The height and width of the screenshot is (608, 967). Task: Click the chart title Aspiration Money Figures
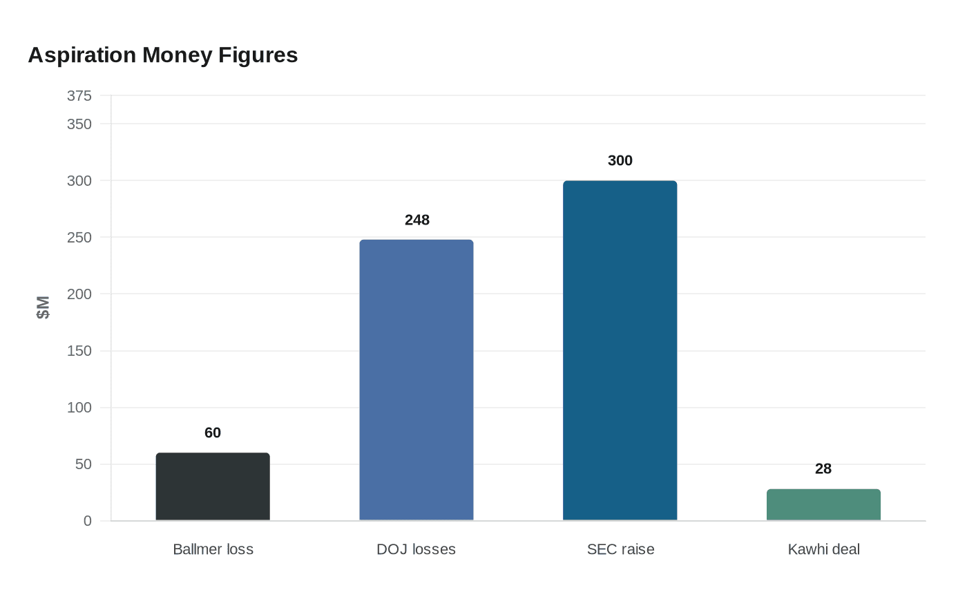click(163, 55)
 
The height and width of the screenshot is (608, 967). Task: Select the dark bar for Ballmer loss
click(213, 486)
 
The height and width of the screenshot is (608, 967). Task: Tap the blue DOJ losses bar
click(417, 380)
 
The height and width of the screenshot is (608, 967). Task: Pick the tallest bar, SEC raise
click(620, 350)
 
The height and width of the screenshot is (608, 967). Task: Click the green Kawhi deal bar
click(823, 505)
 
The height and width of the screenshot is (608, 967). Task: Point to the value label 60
click(213, 433)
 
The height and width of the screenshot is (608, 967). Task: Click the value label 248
click(417, 220)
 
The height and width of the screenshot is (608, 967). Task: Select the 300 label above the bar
click(620, 160)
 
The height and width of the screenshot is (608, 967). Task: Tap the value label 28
click(823, 468)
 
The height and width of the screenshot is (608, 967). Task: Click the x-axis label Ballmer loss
click(213, 549)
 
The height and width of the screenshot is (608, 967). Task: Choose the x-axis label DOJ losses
click(417, 549)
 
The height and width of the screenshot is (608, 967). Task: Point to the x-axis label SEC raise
click(620, 549)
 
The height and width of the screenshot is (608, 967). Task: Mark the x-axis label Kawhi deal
click(823, 549)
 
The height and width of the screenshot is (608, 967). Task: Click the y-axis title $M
click(43, 307)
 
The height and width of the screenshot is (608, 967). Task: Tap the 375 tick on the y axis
click(79, 96)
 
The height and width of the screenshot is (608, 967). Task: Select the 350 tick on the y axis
click(79, 124)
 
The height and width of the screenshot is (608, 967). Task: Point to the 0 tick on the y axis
click(88, 521)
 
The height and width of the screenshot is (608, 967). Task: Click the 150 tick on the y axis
click(79, 351)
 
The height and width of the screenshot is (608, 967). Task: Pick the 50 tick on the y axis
click(84, 464)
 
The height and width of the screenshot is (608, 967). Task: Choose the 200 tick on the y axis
click(79, 294)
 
